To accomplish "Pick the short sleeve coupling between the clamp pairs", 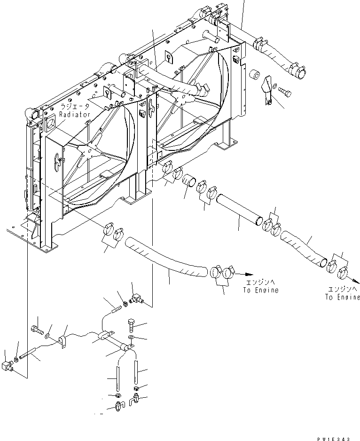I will point(189,181).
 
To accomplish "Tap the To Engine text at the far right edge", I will point(342,297).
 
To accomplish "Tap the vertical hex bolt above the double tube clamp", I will point(131,325).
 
